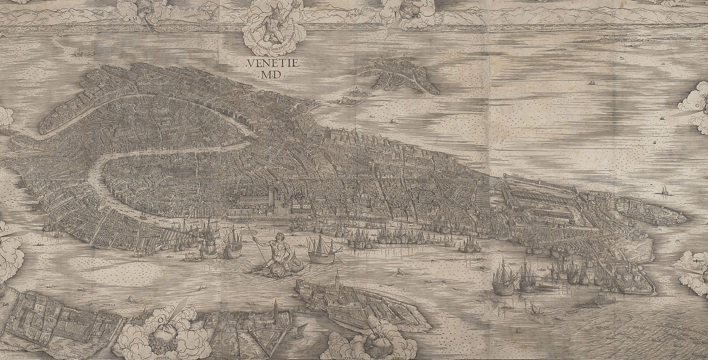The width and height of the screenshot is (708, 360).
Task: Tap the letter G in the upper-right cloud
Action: click(698, 106)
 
